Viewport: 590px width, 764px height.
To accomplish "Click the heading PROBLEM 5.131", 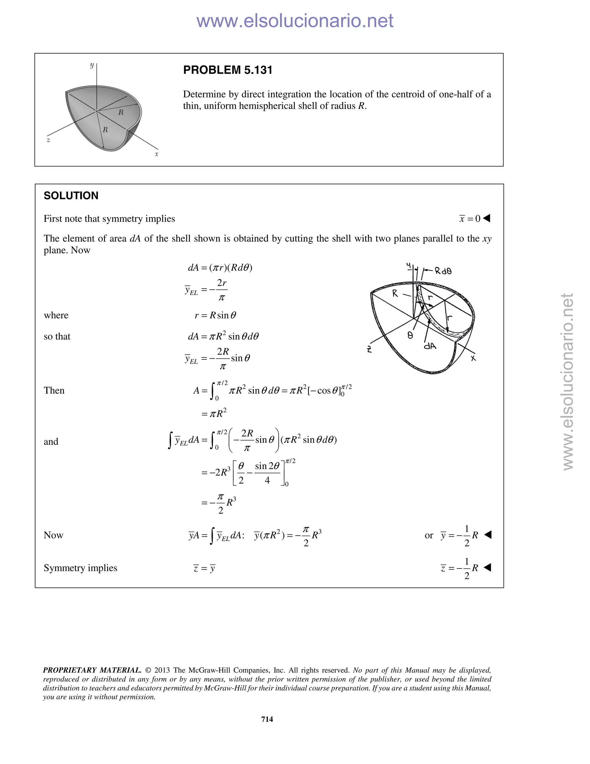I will coord(228,70).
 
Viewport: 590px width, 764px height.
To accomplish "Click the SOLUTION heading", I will coord(71,195).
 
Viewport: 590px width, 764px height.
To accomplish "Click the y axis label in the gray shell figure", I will coord(92,65).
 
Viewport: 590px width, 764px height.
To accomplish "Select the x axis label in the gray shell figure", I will coord(157,154).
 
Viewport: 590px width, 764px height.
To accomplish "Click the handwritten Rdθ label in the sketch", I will coord(443,271).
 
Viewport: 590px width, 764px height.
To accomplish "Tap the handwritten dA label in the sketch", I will coord(430,346).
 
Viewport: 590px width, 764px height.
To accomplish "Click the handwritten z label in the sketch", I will coord(369,349).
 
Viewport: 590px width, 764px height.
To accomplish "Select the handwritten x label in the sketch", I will coord(473,358).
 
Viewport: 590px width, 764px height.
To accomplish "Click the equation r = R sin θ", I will coord(215,315).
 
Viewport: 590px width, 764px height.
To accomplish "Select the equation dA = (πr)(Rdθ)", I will coord(220,268).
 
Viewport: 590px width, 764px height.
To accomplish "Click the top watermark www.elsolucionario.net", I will coord(295,21).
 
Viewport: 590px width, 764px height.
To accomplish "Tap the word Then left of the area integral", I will coord(54,390).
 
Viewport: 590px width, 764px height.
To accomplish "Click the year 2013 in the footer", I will coord(162,670).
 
